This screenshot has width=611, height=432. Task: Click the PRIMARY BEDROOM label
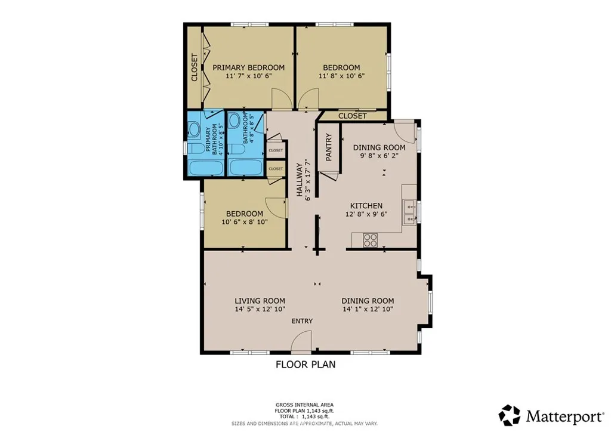[x=248, y=67]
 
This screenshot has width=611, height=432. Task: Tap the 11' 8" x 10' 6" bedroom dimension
[x=341, y=76]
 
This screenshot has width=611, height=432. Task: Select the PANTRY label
[x=329, y=147]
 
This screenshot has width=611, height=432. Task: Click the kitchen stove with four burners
[x=371, y=240]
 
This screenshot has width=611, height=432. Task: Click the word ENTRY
[x=302, y=321]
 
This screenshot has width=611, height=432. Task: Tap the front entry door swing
[x=303, y=342]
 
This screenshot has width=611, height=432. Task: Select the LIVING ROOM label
[x=260, y=301]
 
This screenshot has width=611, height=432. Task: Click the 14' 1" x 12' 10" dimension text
[x=368, y=309]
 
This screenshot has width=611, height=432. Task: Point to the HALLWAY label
[x=301, y=180]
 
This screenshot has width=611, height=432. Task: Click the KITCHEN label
[x=366, y=206]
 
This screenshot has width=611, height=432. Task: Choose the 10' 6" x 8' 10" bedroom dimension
[x=244, y=222]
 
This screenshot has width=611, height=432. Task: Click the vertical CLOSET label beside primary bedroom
[x=194, y=67]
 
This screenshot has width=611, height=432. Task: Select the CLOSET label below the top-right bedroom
[x=352, y=116]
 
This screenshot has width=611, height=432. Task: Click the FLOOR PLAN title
[x=305, y=365]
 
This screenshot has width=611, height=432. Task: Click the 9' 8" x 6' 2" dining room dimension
[x=379, y=156]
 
